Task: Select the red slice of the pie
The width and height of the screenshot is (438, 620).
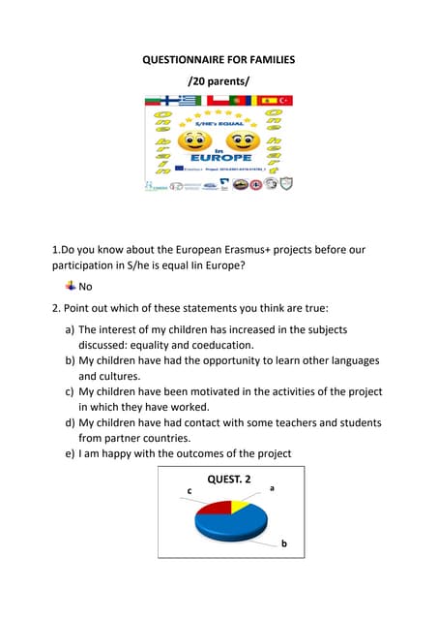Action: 214,507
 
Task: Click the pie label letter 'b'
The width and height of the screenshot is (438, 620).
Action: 283,544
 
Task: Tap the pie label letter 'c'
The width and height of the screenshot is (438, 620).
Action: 189,492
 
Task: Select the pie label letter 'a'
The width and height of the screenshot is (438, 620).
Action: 272,488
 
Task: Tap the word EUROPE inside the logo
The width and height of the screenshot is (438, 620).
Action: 220,157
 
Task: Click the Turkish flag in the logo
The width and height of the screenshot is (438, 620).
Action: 286,100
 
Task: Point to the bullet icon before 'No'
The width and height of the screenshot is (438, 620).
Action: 70,285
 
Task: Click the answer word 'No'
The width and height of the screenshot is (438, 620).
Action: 85,286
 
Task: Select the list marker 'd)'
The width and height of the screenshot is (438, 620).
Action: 70,422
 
